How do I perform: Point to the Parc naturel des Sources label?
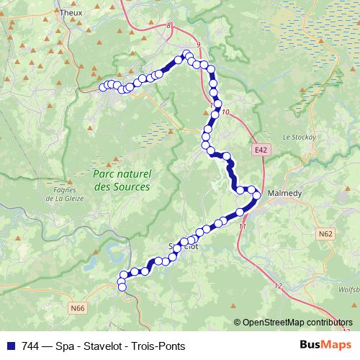pos(122,180)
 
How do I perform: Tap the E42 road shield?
pos(260,150)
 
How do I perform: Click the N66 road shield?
pos(78,308)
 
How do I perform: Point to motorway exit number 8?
pos(170,25)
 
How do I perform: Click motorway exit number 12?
pos(279,286)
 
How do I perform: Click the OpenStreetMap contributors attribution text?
pos(297,323)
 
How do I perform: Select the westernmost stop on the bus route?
pos(102,88)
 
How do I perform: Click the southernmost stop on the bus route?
pos(122,288)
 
